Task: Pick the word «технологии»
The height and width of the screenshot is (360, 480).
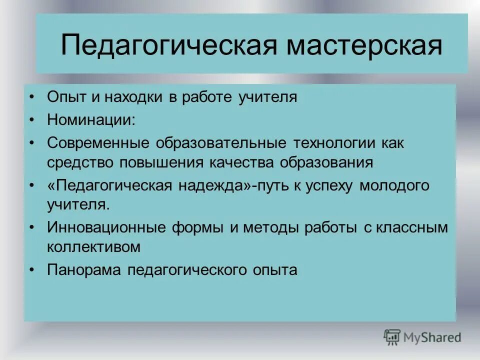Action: coord(332,143)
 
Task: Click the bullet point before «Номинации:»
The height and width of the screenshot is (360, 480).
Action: coord(32,120)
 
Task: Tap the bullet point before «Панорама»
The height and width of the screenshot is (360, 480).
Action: coord(32,270)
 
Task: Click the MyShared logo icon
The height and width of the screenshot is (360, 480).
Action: coord(392,337)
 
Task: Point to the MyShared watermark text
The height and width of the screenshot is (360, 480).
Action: coord(432,337)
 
